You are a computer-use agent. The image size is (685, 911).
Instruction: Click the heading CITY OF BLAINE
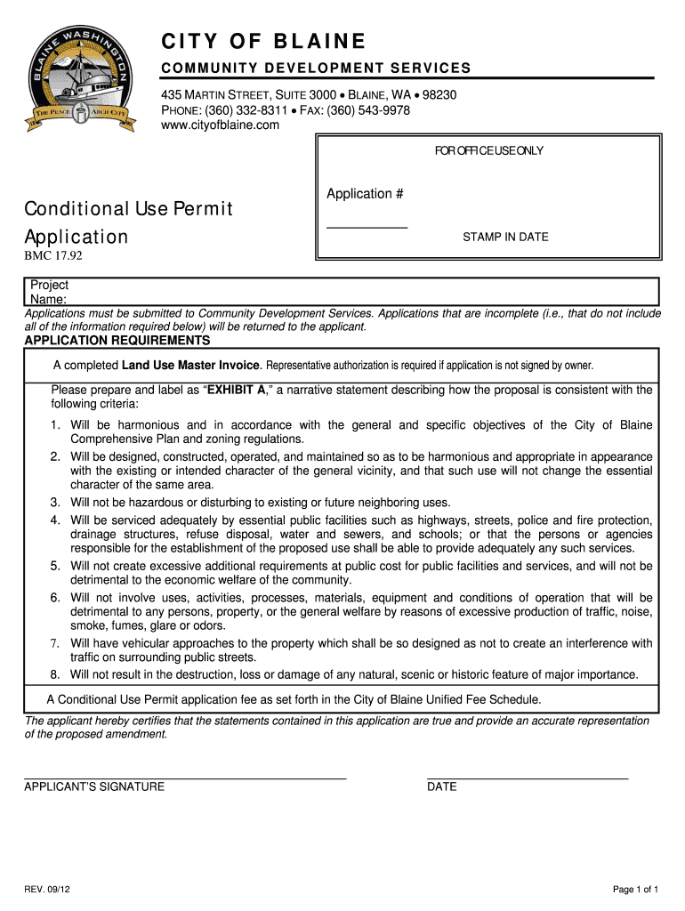point(262,42)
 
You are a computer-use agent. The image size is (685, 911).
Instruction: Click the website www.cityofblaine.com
point(220,125)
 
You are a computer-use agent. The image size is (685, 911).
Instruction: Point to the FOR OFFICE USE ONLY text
point(488,151)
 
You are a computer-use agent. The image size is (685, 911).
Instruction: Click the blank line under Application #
point(367,227)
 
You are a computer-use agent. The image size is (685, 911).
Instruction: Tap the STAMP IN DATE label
point(505,238)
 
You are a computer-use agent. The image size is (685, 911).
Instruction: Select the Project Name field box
point(347,292)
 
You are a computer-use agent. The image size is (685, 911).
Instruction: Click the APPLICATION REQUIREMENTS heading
point(117,341)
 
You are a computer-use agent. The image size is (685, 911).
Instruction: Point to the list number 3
point(55,503)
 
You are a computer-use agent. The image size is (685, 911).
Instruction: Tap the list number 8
point(55,674)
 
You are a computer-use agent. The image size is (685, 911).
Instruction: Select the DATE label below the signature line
point(442,787)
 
